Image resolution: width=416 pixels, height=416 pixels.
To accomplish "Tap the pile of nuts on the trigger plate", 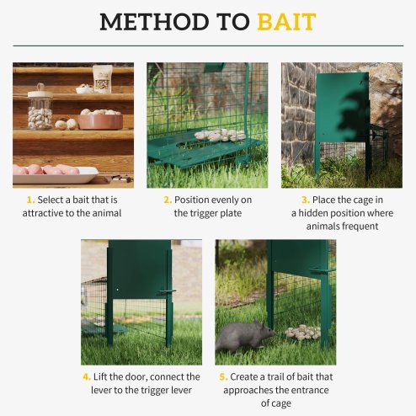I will (x=219, y=135).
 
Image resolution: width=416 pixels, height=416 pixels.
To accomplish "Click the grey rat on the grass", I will (x=243, y=338).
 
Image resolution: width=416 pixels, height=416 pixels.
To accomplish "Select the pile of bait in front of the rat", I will (x=301, y=332).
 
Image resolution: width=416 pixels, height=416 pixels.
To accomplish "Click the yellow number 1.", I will (x=29, y=200).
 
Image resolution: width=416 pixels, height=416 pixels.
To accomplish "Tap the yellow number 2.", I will (x=168, y=200).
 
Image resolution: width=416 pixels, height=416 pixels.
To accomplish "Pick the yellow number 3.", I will (x=304, y=200).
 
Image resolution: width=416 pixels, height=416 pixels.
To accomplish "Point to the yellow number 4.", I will (x=87, y=376).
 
